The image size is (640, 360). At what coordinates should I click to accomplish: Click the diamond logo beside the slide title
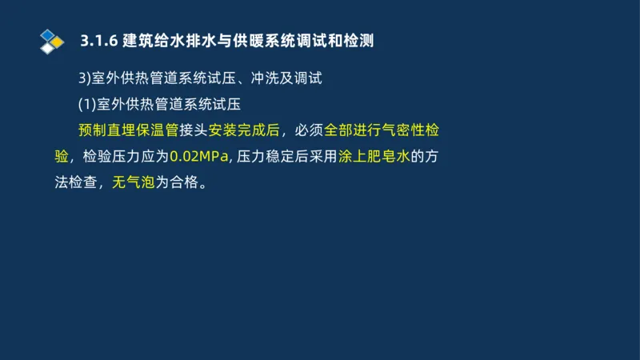(x=52, y=41)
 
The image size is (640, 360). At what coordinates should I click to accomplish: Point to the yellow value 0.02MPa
(x=199, y=156)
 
